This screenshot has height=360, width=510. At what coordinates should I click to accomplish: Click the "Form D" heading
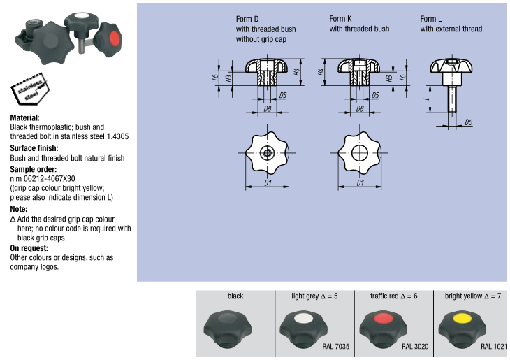(247, 19)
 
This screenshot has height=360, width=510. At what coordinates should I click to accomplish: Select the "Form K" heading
(340, 19)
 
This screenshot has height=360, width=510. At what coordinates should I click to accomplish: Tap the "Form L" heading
(430, 19)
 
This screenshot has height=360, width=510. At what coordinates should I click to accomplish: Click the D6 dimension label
(468, 122)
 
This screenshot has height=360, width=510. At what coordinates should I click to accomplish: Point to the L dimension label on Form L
(425, 99)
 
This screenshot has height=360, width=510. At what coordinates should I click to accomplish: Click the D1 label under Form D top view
(268, 184)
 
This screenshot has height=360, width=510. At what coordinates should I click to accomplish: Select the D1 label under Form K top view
(360, 184)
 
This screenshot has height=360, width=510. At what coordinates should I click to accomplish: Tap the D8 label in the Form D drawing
(267, 109)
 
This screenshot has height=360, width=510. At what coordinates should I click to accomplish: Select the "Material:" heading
(25, 118)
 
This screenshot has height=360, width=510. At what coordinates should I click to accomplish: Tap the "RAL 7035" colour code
(335, 345)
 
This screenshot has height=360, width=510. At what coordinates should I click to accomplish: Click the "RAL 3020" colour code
(415, 345)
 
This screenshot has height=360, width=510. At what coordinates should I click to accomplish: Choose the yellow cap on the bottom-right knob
(460, 319)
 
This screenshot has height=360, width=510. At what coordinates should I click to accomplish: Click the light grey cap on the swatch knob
(303, 319)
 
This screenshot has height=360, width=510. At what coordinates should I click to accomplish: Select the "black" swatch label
(235, 296)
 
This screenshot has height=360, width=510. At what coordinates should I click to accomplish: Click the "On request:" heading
(29, 248)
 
